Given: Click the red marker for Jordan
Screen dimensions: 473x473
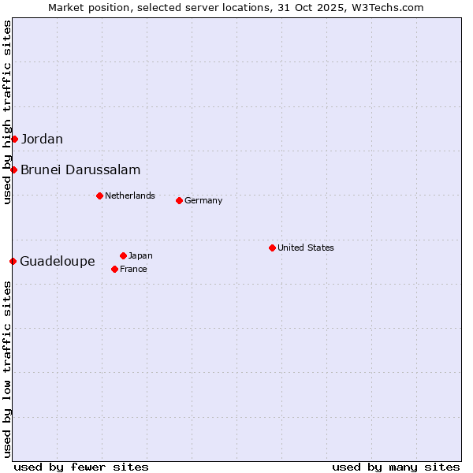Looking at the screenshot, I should pos(14,139).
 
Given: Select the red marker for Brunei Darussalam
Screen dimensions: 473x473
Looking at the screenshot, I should pos(13,169).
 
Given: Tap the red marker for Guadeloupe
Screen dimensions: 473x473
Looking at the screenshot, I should pos(13,261).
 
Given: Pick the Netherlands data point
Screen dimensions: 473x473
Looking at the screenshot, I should pos(99,196).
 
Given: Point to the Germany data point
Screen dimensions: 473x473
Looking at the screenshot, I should pos(179,200).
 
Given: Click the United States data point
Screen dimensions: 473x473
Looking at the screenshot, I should pos(272,248).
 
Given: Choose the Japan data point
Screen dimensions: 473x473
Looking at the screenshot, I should pos(123,255).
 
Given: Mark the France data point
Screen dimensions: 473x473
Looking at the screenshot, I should pos(114,269).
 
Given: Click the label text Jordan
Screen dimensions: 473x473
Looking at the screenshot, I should pos(42,140).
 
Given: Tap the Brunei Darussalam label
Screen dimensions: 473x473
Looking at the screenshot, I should pos(80,170).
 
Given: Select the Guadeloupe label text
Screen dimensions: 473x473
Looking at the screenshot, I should pos(57,262).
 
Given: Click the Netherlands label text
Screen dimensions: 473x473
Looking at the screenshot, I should pos(130,196).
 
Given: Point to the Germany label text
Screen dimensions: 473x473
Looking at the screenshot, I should pos(203,201).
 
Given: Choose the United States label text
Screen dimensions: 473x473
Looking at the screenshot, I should pos(306,248).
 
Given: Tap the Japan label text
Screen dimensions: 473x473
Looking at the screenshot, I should pos(140,256).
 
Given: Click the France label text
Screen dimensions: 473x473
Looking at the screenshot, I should pos(133,270).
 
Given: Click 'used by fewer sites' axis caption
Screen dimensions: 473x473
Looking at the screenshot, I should pos(81,467).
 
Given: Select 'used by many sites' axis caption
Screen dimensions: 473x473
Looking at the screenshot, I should pos(396,467).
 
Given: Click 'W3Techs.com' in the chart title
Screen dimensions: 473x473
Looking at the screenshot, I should pos(389,8).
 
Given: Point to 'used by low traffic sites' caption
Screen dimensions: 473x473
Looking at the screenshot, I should pos(8,369).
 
